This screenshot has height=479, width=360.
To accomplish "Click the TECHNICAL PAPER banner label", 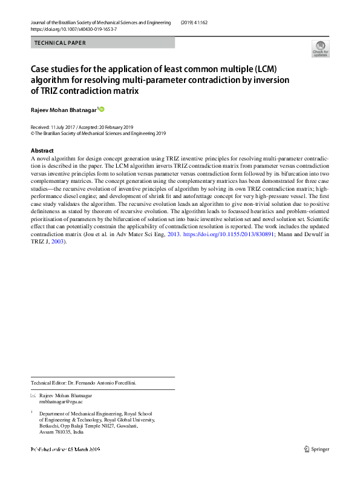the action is (x=61, y=43).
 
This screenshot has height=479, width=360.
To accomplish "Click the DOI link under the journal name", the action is (x=74, y=30).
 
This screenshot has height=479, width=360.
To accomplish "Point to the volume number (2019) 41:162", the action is (x=200, y=22).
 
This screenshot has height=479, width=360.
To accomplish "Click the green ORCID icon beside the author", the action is (x=102, y=109).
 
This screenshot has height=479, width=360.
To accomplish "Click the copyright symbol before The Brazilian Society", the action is (x=32, y=134).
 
